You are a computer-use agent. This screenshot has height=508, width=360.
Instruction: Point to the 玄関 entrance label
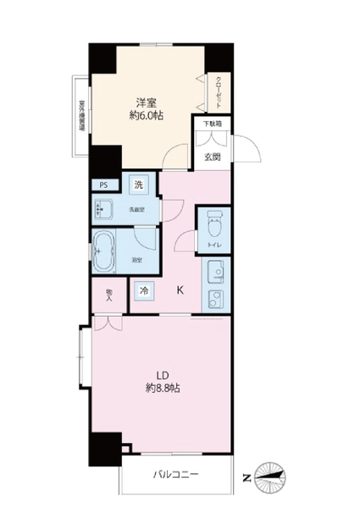pyautogui.click(x=213, y=156)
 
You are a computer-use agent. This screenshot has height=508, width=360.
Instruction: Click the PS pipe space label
pyautogui.click(x=103, y=185)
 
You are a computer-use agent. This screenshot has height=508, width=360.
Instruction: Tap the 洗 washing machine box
pyautogui.click(x=137, y=184)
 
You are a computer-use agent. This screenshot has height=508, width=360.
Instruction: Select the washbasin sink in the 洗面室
pyautogui.click(x=107, y=209)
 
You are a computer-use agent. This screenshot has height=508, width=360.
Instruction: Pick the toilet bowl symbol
pyautogui.click(x=213, y=226)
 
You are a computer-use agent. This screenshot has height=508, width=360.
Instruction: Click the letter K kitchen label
pyautogui.click(x=180, y=290)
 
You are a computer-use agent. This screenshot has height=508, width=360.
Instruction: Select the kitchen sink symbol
pyautogui.click(x=213, y=272)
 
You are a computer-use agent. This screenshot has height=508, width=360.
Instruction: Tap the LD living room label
pyautogui.click(x=160, y=375)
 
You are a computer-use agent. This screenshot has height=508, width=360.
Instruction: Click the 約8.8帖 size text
pyautogui.click(x=160, y=390)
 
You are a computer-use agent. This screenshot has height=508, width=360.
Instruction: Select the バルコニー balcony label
pyautogui.click(x=175, y=474)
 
